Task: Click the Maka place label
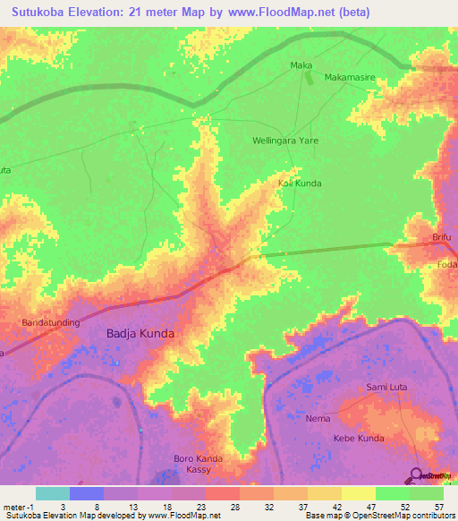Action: coord(301,65)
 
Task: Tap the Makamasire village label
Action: coord(350,78)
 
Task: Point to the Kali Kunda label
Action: coord(299,184)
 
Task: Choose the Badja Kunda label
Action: coord(140,333)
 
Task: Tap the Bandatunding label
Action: coord(53,321)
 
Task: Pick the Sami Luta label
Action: coord(387,387)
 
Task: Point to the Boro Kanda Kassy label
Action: coord(198,465)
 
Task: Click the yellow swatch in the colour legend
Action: coord(358,493)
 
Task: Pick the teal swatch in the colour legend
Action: coord(53,493)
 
